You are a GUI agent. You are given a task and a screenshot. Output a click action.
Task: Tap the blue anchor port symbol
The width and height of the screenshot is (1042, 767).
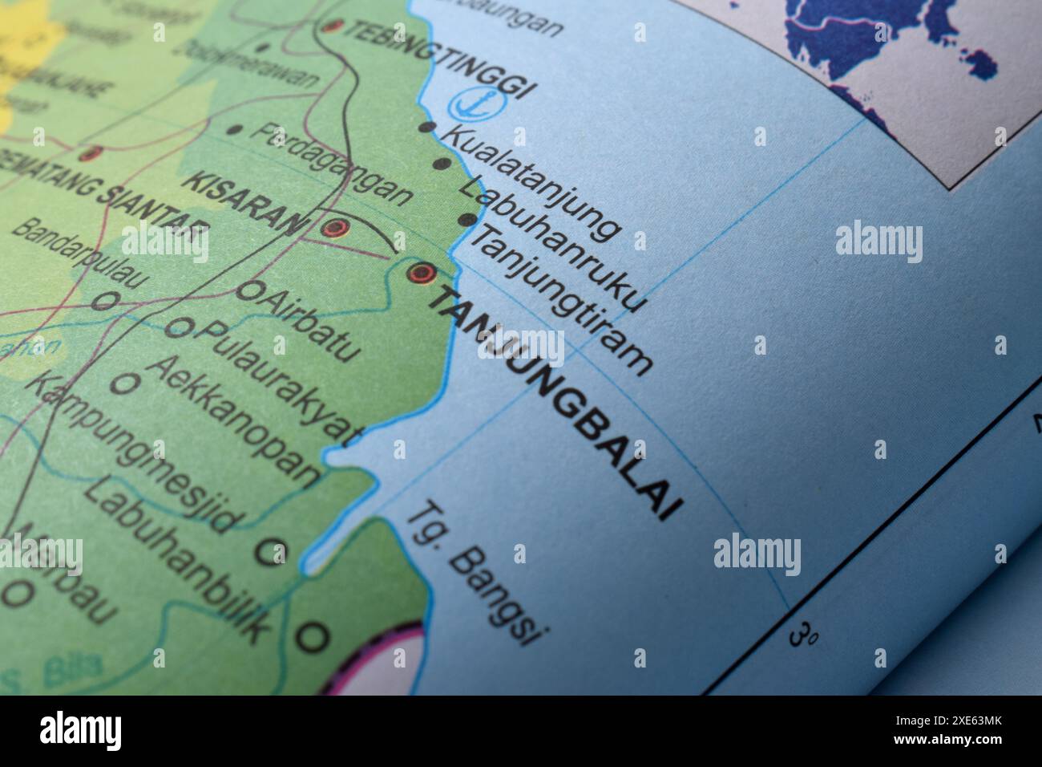tap(463, 103)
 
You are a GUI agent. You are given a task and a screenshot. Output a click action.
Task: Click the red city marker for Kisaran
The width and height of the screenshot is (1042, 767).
tap(334, 228)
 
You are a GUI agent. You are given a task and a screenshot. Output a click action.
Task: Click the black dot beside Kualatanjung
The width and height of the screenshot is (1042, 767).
tap(427, 128)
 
